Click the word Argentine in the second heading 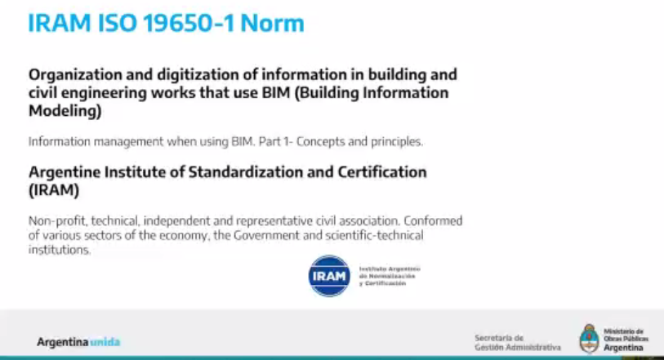click(65, 172)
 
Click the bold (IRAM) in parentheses click(54, 190)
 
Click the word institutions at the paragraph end click(59, 250)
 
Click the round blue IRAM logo click(329, 276)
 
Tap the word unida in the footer click(105, 342)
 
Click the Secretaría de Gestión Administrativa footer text click(517, 342)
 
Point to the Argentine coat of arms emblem click(590, 338)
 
